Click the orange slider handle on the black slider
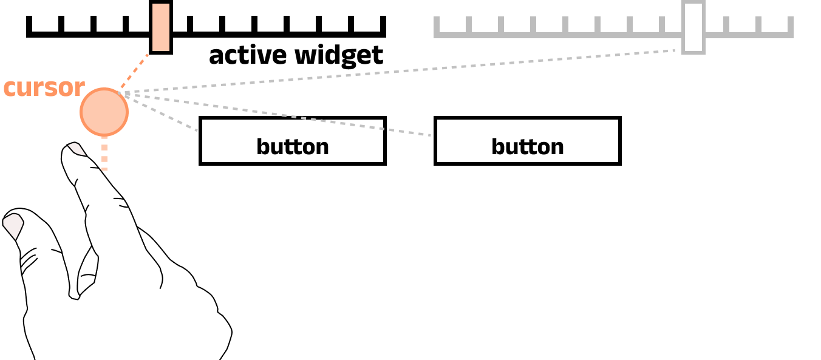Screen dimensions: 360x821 click(161, 27)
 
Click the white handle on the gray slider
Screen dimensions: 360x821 click(693, 27)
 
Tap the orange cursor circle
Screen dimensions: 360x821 click(104, 112)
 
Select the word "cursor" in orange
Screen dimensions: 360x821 click(44, 87)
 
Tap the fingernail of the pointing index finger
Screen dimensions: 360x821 click(76, 149)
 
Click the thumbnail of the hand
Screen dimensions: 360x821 click(13, 225)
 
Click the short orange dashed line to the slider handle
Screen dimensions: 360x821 click(134, 72)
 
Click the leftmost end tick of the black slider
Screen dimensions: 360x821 click(29, 27)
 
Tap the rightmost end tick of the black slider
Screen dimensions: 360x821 click(383, 27)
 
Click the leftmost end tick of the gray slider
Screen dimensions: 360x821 click(437, 27)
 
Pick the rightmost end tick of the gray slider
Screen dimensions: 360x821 click(790, 27)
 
